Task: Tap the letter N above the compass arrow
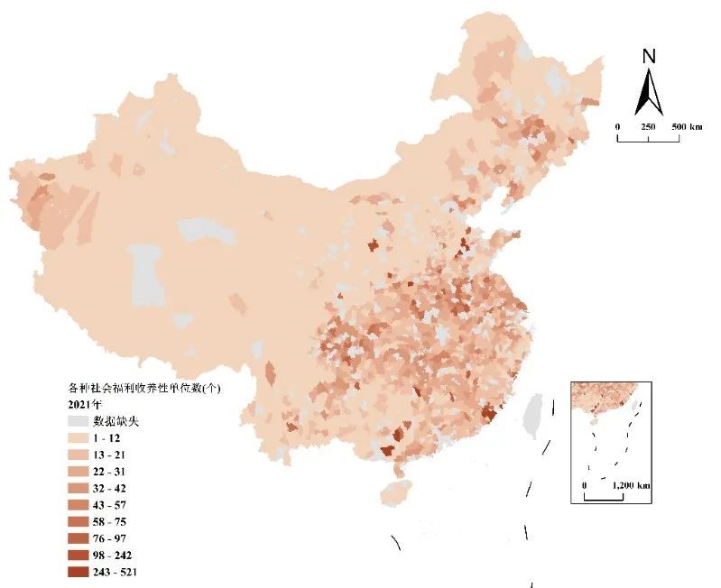tap(648, 56)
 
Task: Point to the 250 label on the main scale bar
tap(648, 127)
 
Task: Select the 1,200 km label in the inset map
tap(631, 485)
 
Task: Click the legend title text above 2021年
tap(144, 388)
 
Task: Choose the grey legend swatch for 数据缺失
tap(79, 420)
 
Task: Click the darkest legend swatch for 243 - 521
tap(79, 572)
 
